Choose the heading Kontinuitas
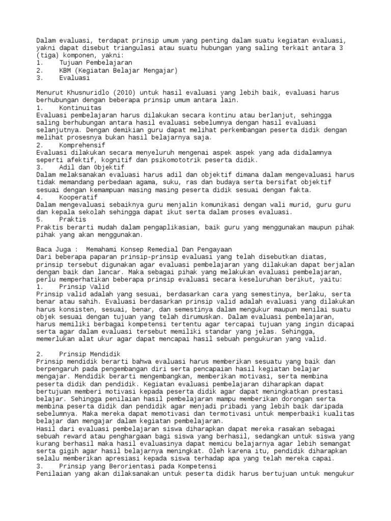[x=80, y=108]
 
